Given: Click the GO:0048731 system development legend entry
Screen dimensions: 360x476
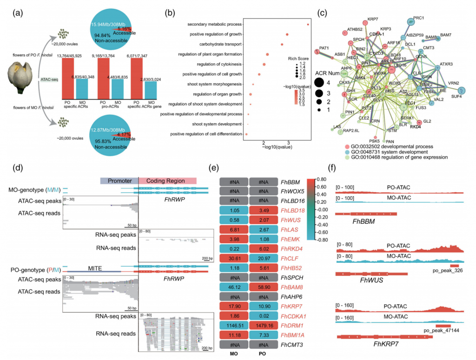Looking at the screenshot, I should click(x=393, y=152).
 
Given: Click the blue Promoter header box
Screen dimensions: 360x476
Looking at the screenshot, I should click(x=119, y=180).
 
